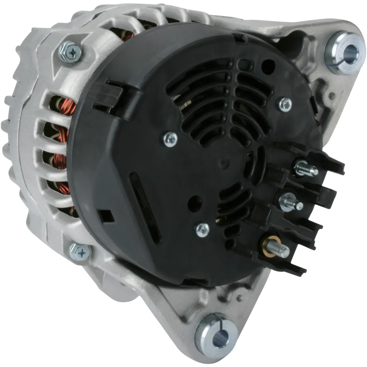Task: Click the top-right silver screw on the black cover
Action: pos(285,104)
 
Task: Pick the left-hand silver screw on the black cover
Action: pos(170,138)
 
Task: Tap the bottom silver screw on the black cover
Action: pos(202,229)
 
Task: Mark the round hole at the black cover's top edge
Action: pos(268,67)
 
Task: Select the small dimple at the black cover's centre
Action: pos(224,164)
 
